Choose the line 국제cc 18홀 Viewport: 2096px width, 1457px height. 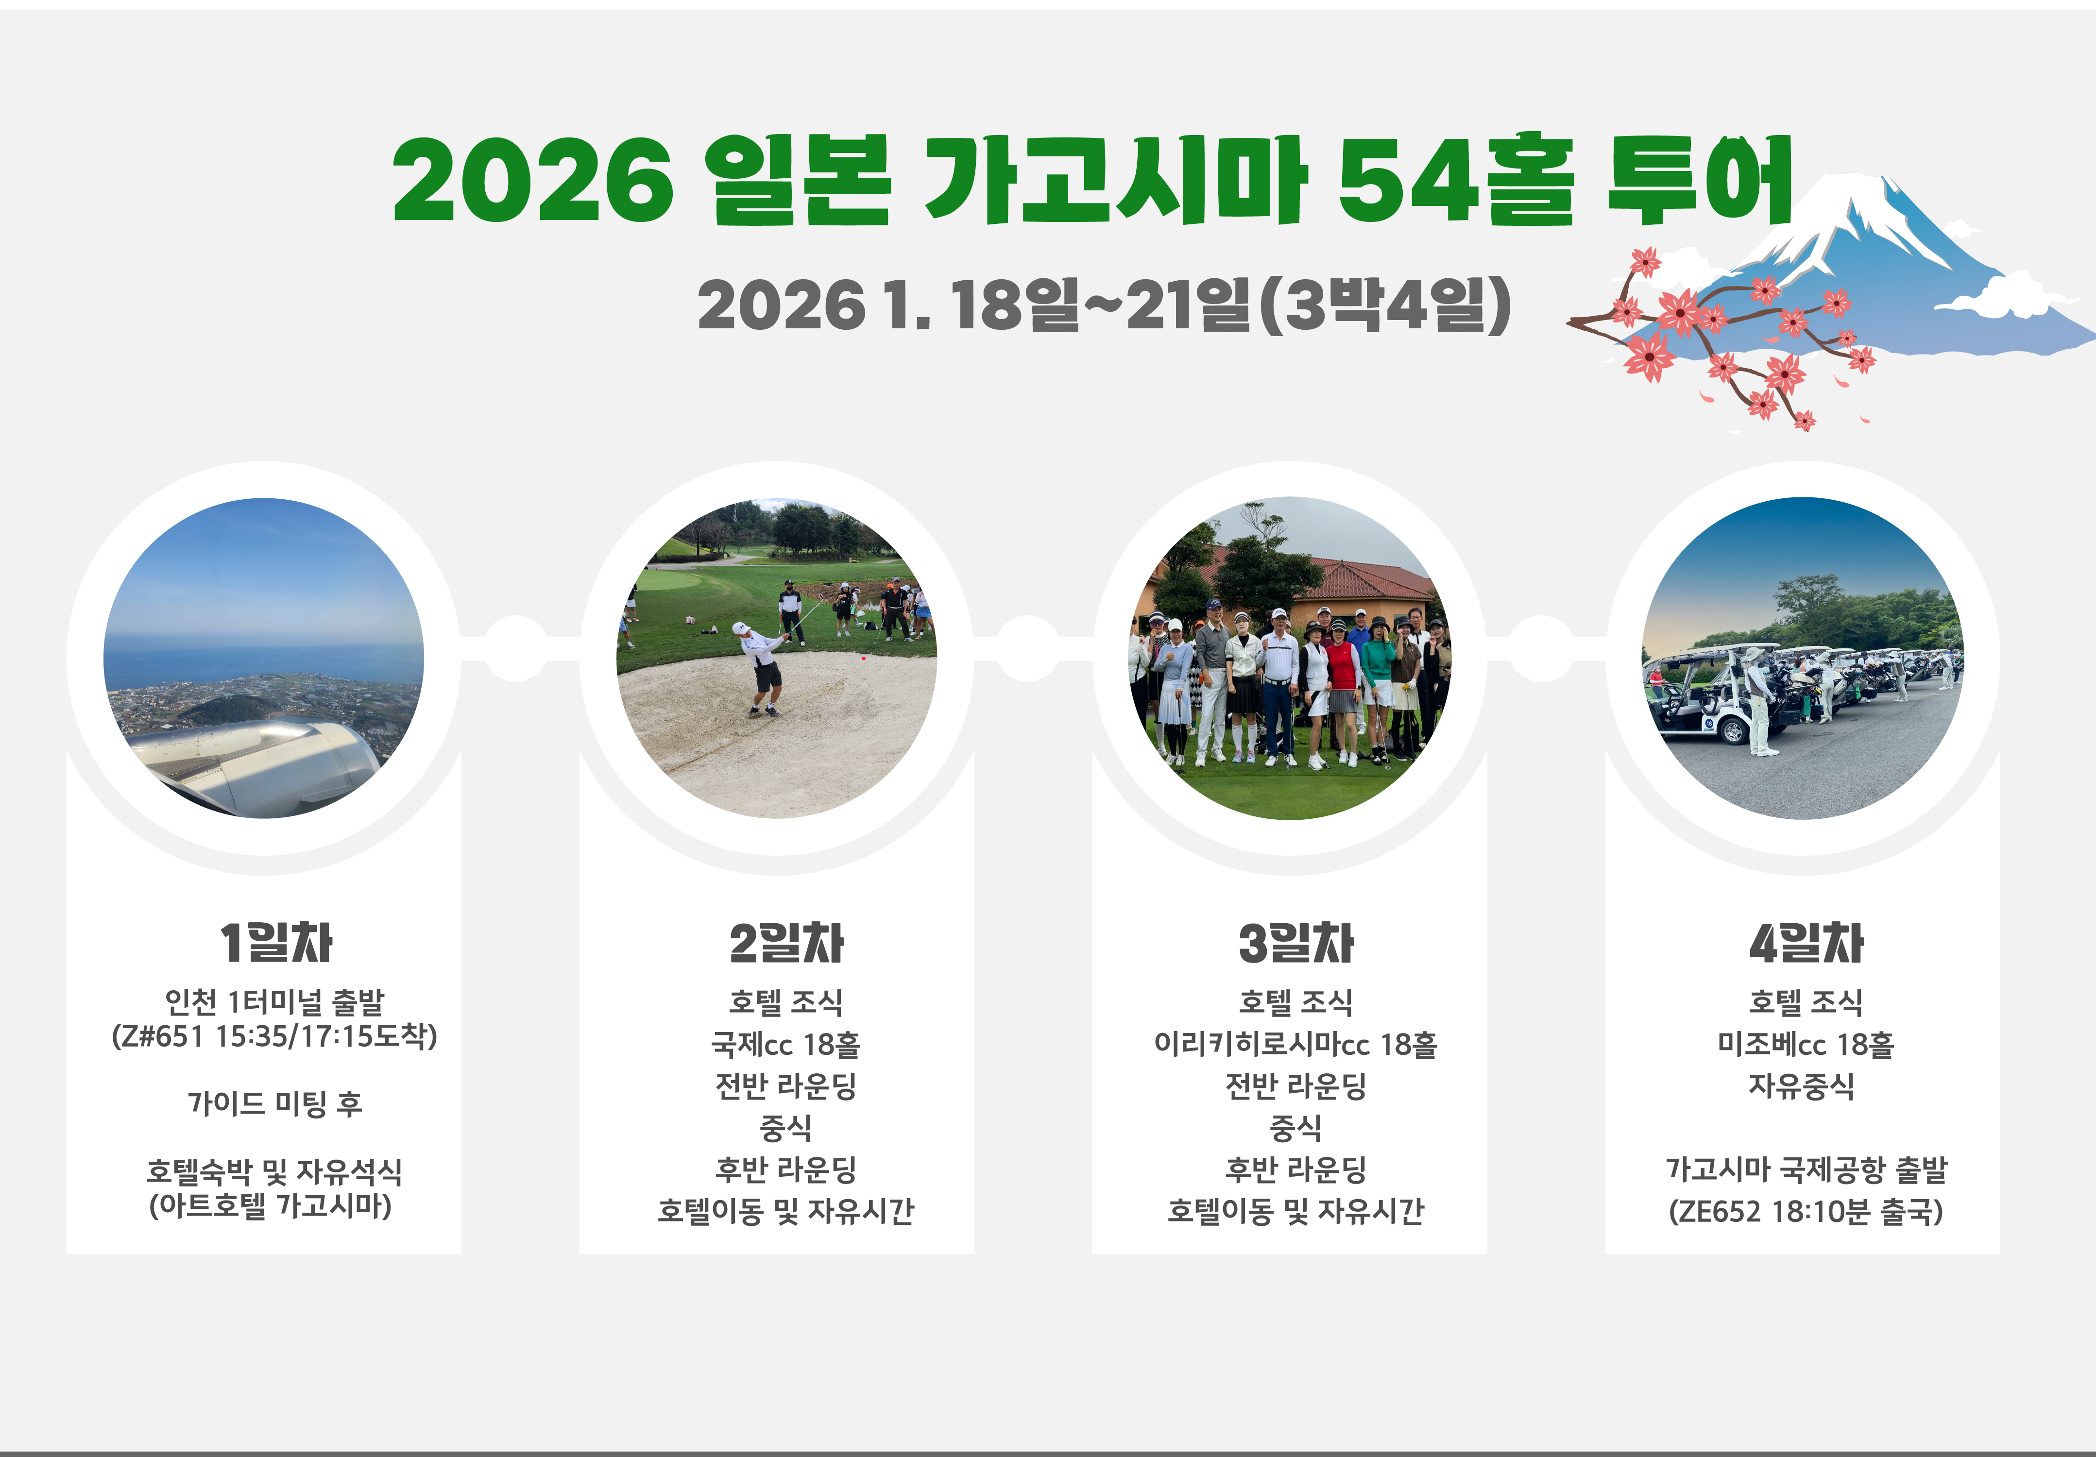(786, 1043)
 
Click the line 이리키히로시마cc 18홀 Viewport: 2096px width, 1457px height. (1295, 1043)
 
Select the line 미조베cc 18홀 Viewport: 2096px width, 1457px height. (1806, 1043)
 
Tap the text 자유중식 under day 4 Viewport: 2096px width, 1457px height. (1801, 1085)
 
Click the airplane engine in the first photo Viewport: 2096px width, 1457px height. (256, 758)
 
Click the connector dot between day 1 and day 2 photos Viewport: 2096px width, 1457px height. (516, 648)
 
